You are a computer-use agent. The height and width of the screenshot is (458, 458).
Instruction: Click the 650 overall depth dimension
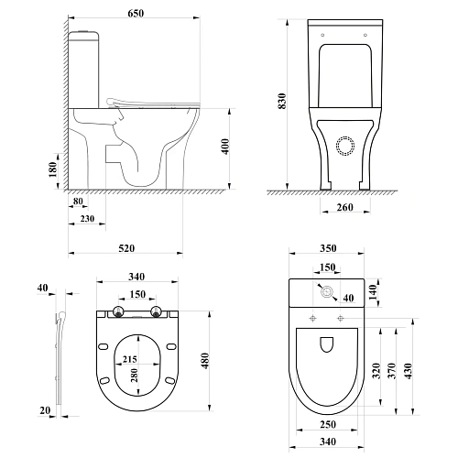tap(136, 14)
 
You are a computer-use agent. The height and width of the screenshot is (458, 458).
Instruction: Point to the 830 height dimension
tap(282, 101)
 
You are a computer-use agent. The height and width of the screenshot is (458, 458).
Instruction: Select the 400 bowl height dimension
tap(225, 147)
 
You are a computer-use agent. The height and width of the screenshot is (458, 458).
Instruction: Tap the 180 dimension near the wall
tap(52, 169)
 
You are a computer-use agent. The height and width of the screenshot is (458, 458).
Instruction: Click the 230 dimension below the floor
tap(87, 219)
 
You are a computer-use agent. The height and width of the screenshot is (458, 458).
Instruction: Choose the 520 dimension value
tap(126, 248)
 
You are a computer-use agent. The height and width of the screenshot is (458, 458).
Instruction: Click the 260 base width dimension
tap(344, 207)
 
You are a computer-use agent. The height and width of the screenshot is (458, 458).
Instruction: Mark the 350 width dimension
tap(328, 248)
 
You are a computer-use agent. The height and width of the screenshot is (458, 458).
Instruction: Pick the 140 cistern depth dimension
tap(373, 292)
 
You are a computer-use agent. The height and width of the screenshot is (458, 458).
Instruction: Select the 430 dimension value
tap(408, 371)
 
